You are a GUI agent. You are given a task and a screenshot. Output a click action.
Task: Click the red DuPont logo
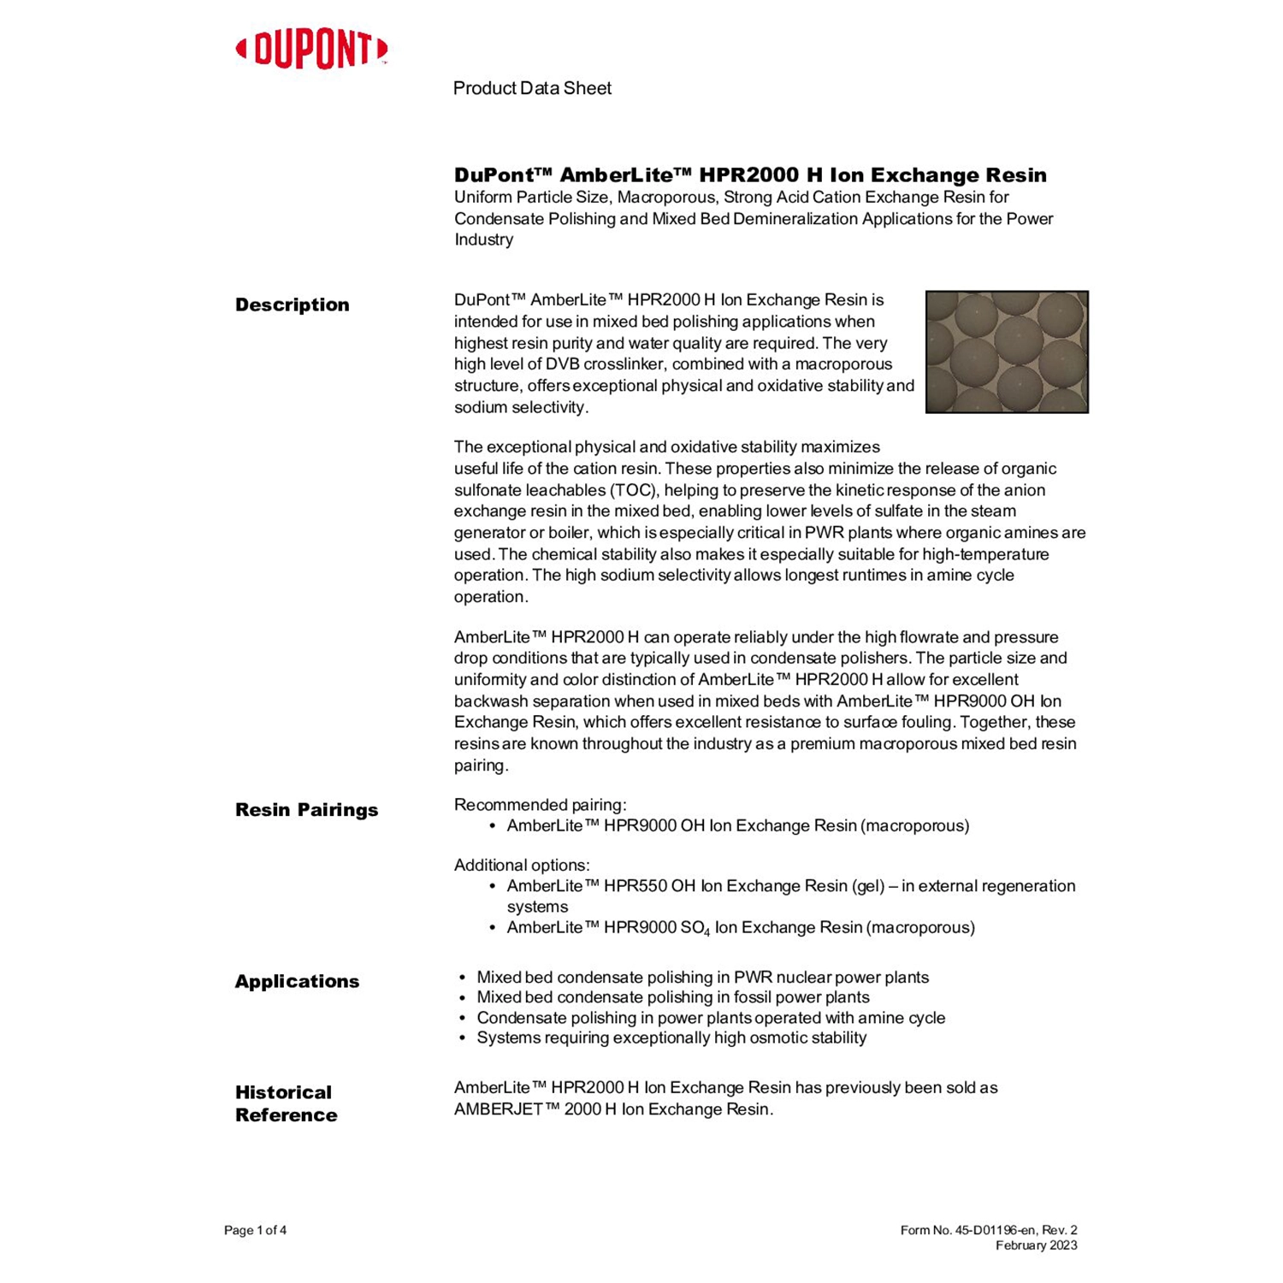311,50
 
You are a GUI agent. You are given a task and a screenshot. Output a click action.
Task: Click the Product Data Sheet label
532,88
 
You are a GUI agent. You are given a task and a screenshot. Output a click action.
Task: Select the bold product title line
750,175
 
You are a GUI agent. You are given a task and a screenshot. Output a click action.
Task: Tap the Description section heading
292,305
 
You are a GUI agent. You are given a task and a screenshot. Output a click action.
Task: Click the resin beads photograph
1007,352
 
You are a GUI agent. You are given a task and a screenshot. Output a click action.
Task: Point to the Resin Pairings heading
306,810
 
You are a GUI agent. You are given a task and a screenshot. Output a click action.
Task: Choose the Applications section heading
297,982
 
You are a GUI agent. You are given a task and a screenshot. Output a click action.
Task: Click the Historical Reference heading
286,1103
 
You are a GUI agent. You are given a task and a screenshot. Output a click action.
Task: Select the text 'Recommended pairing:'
540,805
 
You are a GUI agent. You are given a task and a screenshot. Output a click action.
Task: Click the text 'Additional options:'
522,865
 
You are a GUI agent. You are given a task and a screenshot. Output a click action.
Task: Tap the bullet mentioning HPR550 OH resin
790,886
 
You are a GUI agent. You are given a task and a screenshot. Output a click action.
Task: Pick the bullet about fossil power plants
672,997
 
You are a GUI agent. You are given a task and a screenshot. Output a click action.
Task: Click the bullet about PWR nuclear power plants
702,977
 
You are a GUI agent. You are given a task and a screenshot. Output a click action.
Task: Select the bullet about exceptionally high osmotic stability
671,1038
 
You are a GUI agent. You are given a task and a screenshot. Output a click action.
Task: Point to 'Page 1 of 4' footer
255,1230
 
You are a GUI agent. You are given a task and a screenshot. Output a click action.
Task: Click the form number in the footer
988,1230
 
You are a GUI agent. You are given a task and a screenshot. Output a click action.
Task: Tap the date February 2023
1036,1245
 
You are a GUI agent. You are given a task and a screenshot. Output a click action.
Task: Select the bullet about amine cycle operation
711,1018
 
